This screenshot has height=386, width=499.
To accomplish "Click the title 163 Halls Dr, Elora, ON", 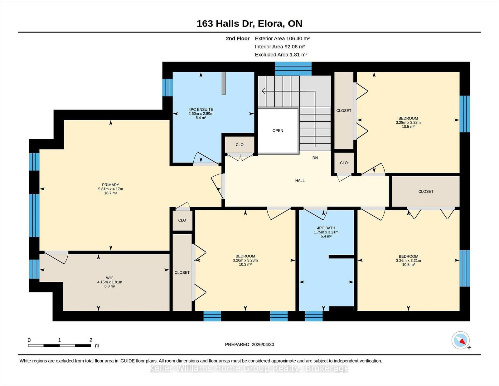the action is [249, 24].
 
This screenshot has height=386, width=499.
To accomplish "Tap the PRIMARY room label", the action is [110, 185].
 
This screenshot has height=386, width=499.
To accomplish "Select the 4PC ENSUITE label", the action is [201, 110].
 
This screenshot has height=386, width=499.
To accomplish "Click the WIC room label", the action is [109, 278].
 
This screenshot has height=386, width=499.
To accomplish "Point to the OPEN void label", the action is [278, 131].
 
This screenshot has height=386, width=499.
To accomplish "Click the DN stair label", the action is [315, 158].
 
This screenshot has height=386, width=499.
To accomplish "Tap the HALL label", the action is [300, 181].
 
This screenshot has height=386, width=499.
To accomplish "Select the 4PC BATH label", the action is [326, 228].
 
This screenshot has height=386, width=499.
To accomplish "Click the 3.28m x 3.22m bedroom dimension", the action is [408, 122].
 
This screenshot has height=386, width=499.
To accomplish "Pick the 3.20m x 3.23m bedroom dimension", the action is [245, 260].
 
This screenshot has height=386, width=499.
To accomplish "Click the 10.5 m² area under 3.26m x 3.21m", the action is [408, 265].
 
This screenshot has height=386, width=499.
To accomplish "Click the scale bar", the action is [60, 345].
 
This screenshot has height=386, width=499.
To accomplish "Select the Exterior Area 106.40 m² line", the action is [282, 39].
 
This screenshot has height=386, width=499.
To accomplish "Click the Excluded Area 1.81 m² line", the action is [281, 55].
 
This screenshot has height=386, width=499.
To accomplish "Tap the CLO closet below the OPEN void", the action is [240, 145].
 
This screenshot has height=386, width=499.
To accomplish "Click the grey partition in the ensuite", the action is [223, 83].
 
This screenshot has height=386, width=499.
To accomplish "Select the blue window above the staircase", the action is [293, 68].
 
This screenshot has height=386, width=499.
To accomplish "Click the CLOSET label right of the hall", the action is [426, 191].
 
